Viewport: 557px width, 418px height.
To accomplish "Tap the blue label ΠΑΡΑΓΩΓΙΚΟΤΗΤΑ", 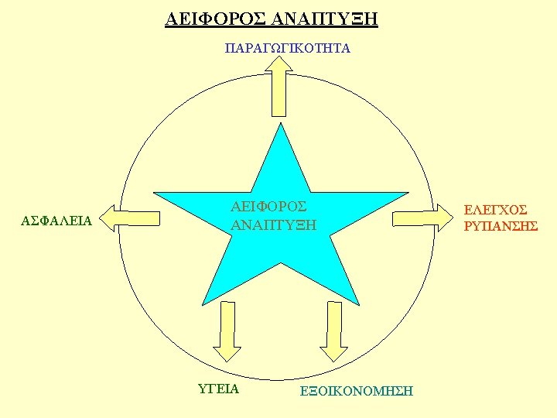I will (287, 49).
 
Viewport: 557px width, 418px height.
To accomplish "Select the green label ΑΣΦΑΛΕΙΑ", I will (57, 221).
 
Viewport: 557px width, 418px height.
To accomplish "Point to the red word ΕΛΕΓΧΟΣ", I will (495, 210).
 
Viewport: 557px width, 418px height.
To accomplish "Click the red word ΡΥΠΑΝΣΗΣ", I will (501, 226).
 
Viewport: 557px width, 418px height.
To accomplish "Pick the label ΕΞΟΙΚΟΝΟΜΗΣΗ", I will (356, 391).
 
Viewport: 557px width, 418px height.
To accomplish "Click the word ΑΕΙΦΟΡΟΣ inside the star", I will (268, 207).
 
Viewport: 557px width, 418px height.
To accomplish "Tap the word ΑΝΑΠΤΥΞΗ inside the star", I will (274, 225).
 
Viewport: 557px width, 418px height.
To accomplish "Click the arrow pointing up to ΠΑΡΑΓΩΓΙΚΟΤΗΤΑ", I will (278, 87).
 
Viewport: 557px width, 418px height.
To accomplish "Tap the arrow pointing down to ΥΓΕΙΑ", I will (227, 331).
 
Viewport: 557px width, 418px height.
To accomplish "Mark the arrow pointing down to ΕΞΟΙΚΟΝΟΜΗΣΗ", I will (334, 331).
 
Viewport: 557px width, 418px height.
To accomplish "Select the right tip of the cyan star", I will (407, 193).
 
